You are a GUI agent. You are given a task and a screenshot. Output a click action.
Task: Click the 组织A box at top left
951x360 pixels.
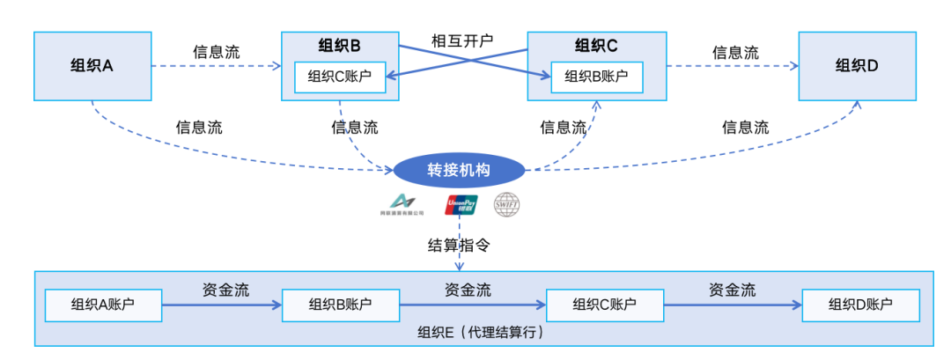click(92, 66)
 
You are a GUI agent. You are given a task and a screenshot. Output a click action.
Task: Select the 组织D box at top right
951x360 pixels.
click(857, 66)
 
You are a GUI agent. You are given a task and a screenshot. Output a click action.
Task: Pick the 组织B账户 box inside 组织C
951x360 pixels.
click(596, 77)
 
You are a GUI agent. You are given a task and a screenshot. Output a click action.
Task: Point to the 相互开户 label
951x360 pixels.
click(461, 40)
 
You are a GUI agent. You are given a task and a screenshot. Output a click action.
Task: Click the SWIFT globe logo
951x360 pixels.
click(507, 205)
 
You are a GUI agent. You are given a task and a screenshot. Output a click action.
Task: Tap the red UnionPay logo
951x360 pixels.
click(461, 205)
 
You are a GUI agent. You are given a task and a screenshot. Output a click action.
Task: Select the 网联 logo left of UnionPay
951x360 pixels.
click(402, 204)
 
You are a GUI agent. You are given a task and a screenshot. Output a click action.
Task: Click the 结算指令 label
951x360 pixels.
click(458, 246)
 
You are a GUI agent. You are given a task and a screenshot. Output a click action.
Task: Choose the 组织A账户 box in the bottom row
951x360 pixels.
click(103, 305)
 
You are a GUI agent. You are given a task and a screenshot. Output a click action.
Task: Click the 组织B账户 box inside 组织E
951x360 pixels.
click(340, 305)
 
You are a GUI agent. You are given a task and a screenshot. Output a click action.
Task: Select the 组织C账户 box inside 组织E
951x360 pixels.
click(604, 305)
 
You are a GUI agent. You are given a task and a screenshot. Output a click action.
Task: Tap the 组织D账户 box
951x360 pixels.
click(860, 305)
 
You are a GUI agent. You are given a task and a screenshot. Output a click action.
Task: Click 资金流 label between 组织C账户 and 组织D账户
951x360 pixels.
click(732, 289)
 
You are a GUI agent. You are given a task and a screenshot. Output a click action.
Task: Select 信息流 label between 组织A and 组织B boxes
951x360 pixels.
click(217, 52)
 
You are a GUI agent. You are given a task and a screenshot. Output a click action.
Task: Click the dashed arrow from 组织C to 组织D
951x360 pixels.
click(732, 66)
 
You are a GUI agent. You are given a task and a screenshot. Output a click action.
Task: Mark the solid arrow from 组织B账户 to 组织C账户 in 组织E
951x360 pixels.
click(472, 305)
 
